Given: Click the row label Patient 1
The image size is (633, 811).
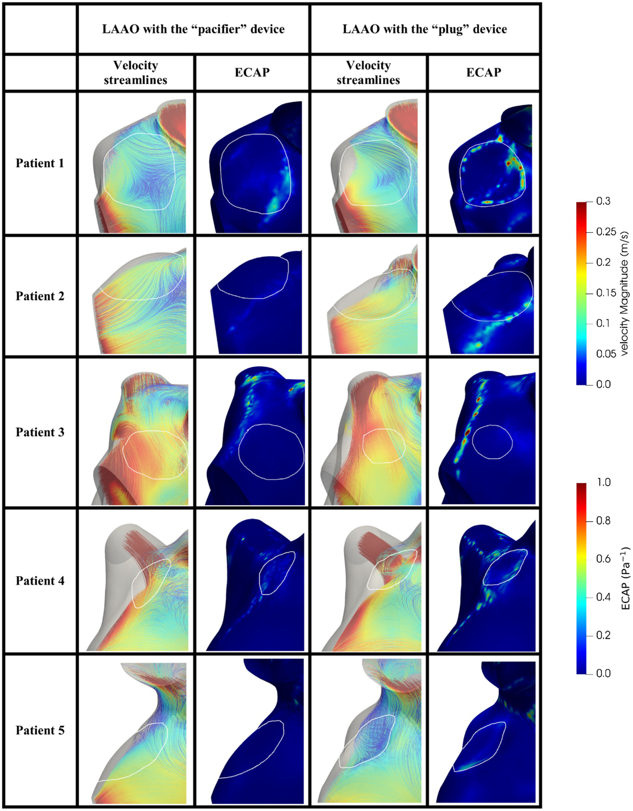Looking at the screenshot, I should pos(40,163).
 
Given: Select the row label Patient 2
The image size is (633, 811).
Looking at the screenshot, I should pos(40,296).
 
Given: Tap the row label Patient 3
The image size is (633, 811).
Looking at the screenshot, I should pos(40,432).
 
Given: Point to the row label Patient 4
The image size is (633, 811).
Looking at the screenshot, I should pos(40,581).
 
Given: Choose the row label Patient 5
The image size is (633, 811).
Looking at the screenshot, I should pos(40,730).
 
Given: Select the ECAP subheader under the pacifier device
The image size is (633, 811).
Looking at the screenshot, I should pos(252,73).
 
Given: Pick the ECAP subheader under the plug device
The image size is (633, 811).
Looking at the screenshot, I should pos(484,73).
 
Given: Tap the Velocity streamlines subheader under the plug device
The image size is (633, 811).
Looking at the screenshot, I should pos(368,73).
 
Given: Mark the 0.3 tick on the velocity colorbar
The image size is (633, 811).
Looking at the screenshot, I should pos(603,202).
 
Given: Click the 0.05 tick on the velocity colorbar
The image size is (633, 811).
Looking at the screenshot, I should pos(606,354).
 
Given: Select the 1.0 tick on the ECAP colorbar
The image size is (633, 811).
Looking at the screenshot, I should pos(604,482).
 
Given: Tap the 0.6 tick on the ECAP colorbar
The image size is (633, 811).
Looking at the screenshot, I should pos(603,559).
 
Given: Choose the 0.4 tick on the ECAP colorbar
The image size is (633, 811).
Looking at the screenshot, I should pos(603,597).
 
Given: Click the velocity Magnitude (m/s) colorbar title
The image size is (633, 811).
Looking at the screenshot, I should pos(624,293).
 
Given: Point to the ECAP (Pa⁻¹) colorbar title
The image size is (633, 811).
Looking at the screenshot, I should pos(625,578).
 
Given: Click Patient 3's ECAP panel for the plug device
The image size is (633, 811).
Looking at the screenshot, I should pos(484,432).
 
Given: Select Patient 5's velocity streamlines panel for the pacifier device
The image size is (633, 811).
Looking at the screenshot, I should pos(136,730).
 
